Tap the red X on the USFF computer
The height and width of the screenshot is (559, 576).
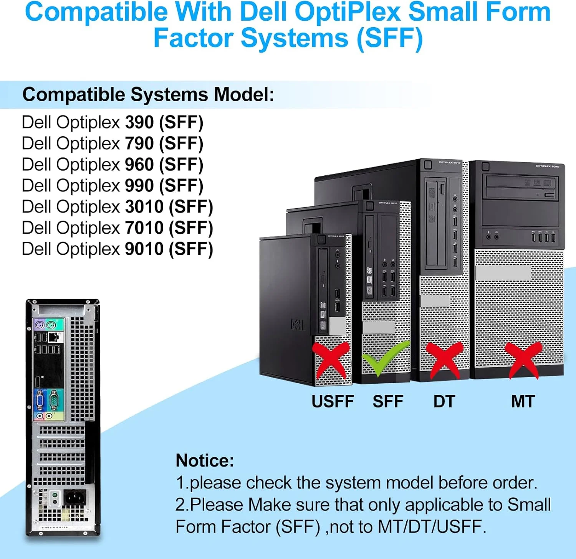pyautogui.click(x=331, y=360)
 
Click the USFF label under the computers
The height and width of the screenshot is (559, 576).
pyautogui.click(x=333, y=401)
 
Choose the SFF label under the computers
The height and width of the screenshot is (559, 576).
pyautogui.click(x=388, y=401)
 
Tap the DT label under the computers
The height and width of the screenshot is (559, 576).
pyautogui.click(x=444, y=401)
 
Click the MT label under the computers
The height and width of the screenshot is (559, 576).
pyautogui.click(x=523, y=401)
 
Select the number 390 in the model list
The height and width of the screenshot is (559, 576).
pyautogui.click(x=139, y=122)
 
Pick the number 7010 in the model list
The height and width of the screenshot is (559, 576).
pyautogui.click(x=144, y=228)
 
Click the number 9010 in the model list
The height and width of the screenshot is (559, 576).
pyautogui.click(x=144, y=249)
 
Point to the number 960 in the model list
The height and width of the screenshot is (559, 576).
pyautogui.click(x=139, y=165)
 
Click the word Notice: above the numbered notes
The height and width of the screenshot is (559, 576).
pyautogui.click(x=205, y=460)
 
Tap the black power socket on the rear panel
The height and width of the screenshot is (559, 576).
pyautogui.click(x=74, y=498)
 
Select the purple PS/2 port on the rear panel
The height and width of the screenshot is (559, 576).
pyautogui.click(x=39, y=326)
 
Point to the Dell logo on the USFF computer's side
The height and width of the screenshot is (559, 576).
pyautogui.click(x=297, y=325)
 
